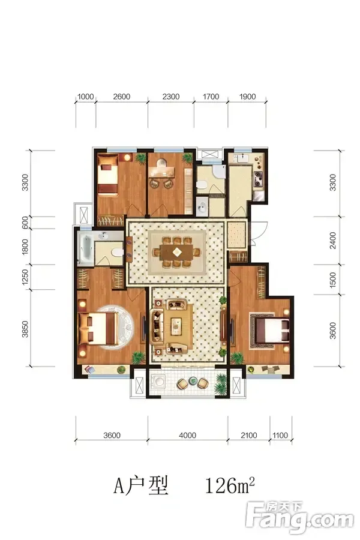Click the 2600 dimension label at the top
[x=122, y=97]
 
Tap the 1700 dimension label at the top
[x=211, y=97]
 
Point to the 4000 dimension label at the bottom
[x=187, y=436]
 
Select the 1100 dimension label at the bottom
[x=280, y=436]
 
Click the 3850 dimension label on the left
[x=25, y=329]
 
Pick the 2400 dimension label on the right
[x=332, y=241]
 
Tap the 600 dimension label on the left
[x=25, y=223]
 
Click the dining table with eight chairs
[x=177, y=252]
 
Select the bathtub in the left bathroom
[x=85, y=247]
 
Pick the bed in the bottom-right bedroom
[x=271, y=329]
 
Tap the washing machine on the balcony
[x=159, y=382]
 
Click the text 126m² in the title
[x=230, y=485]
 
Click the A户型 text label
[x=141, y=485]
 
